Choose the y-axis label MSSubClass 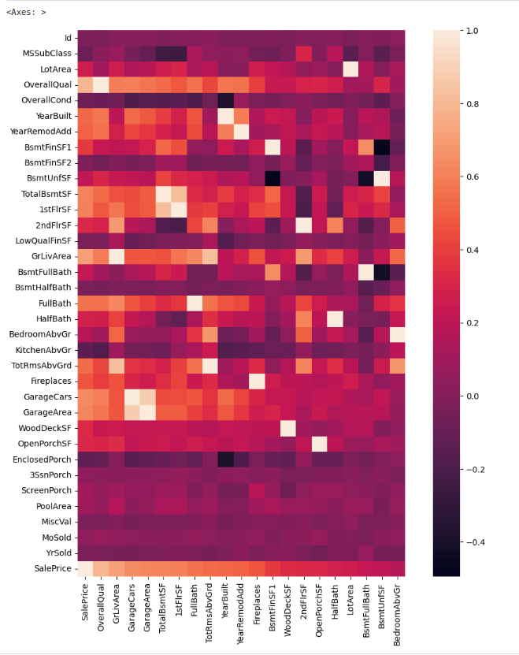(x=46, y=54)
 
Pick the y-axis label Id (x=67, y=38)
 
